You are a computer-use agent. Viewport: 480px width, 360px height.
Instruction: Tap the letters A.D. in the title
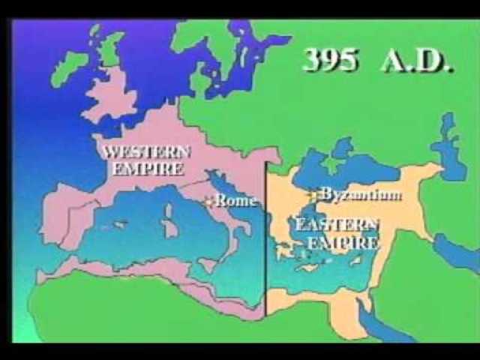(x=416, y=59)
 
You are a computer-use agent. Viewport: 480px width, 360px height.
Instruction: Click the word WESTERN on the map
(x=147, y=151)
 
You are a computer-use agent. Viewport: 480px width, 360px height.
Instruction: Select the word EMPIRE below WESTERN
(x=148, y=169)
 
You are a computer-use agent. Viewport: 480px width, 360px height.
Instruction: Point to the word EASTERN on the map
(x=337, y=225)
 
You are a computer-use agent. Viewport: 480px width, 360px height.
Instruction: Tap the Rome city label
(x=235, y=201)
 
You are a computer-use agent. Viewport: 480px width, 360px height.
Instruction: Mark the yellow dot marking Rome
(x=210, y=201)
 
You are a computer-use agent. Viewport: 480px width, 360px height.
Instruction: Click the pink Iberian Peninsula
(x=67, y=217)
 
